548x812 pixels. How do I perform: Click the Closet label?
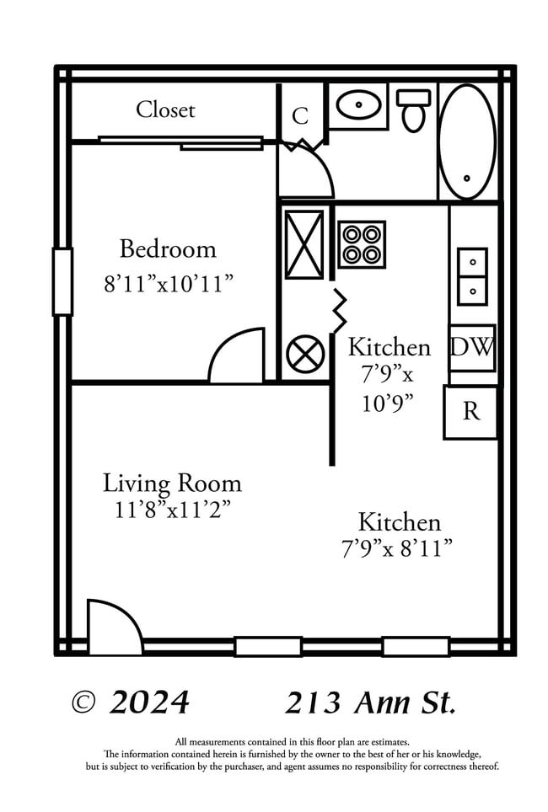tap(165, 110)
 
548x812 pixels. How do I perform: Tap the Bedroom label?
tap(167, 249)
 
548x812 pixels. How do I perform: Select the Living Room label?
tap(172, 483)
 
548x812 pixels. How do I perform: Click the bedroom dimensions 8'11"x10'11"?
tap(168, 284)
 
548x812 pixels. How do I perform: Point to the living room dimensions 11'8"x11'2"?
tap(172, 510)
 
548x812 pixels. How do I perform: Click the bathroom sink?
tap(357, 105)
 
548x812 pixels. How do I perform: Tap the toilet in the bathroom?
tap(413, 110)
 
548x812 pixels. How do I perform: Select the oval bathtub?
tap(468, 142)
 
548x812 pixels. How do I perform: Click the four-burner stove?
tap(362, 244)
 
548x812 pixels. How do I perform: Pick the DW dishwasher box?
tap(471, 348)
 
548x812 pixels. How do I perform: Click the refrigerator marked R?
tap(470, 412)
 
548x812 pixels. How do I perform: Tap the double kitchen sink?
tap(472, 276)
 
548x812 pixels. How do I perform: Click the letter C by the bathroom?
tap(300, 116)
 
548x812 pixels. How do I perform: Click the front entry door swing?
tap(115, 627)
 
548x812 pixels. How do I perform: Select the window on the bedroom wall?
tap(62, 281)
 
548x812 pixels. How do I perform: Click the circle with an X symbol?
tap(304, 355)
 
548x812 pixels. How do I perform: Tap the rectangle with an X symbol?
tap(304, 244)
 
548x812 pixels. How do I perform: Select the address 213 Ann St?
tap(371, 701)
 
